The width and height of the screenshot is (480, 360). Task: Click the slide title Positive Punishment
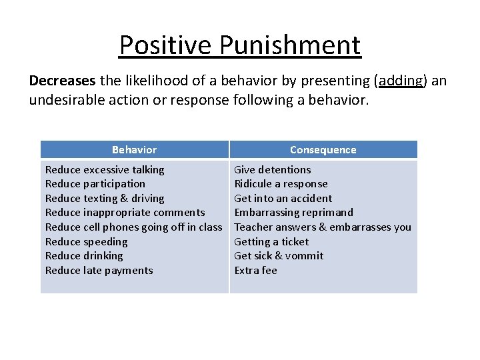(x=240, y=45)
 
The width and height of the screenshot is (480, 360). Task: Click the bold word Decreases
(x=62, y=81)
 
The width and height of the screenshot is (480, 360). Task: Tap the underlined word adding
(x=400, y=81)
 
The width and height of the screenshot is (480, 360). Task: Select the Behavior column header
(x=134, y=150)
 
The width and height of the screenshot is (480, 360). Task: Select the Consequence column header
(x=323, y=150)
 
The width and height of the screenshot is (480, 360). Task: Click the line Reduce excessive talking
(x=105, y=170)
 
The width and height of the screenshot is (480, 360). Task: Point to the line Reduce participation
(x=95, y=184)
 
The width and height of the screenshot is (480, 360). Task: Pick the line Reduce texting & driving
(x=105, y=199)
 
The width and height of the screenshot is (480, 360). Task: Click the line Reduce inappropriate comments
(x=125, y=213)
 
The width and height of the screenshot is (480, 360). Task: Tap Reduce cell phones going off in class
(x=133, y=227)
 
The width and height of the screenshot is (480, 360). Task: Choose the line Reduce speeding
(x=86, y=242)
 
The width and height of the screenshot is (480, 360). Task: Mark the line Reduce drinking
(x=84, y=256)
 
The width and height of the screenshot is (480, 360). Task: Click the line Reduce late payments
(x=99, y=271)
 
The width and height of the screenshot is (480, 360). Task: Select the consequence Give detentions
(x=273, y=170)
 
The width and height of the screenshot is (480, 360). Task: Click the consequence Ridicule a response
(x=281, y=184)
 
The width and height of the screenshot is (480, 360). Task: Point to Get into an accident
(x=283, y=199)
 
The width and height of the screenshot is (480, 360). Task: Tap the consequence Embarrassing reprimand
(x=293, y=213)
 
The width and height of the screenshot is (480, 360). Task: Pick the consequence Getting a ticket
(x=271, y=242)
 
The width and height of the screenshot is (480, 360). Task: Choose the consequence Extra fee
(x=255, y=271)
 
